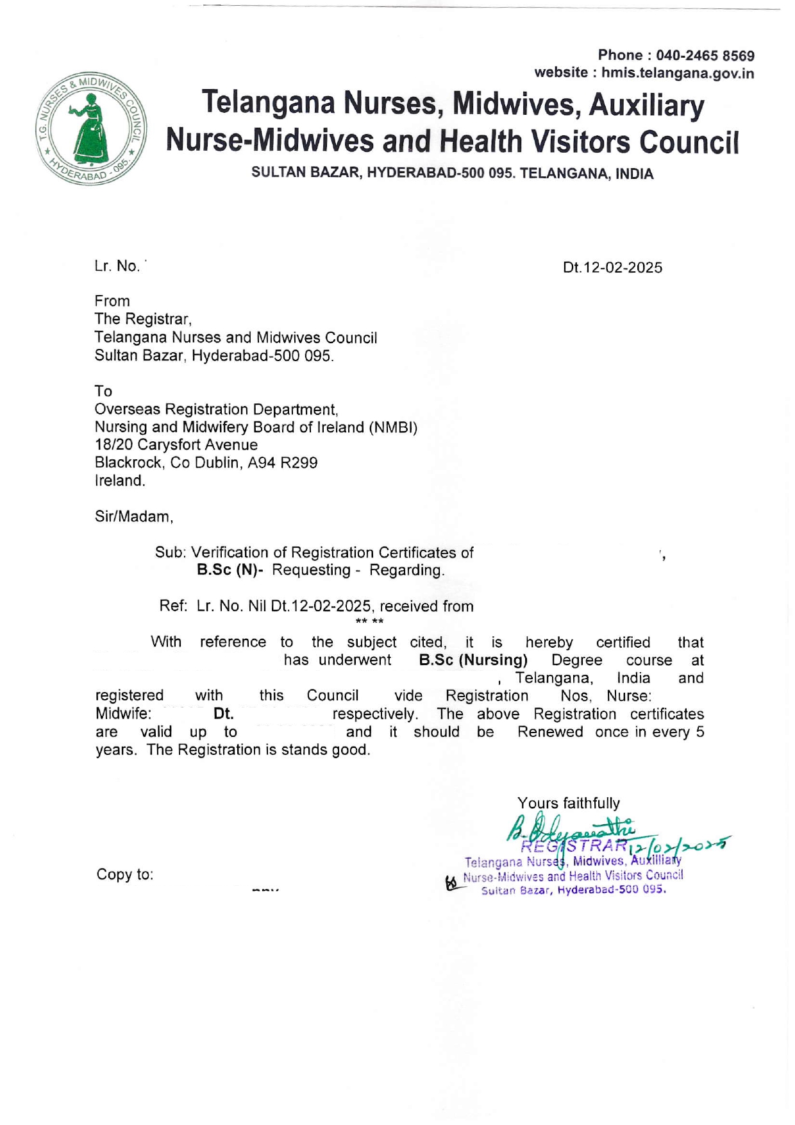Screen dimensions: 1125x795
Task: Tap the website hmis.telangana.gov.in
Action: pos(677,73)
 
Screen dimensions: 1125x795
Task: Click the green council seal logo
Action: pos(91,129)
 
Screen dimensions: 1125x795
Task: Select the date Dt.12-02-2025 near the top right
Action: pos(612,268)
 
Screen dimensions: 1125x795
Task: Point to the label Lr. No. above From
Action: pos(117,267)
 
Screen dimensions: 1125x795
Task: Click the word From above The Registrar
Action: pos(112,301)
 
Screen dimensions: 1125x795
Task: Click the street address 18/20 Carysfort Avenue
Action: pos(176,445)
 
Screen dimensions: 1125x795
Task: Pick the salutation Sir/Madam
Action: pos(134,517)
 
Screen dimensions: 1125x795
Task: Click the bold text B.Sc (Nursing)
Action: pos(473,660)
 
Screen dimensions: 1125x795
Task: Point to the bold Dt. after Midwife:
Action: pos(223,714)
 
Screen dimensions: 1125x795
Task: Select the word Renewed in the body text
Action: pos(550,732)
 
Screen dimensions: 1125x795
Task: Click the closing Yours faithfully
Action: pos(569,804)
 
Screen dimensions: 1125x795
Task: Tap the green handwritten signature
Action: pos(571,829)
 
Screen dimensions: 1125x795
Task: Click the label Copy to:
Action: pos(125,875)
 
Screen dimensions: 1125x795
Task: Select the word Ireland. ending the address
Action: pos(120,481)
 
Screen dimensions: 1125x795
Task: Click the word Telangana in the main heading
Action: pos(268,103)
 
